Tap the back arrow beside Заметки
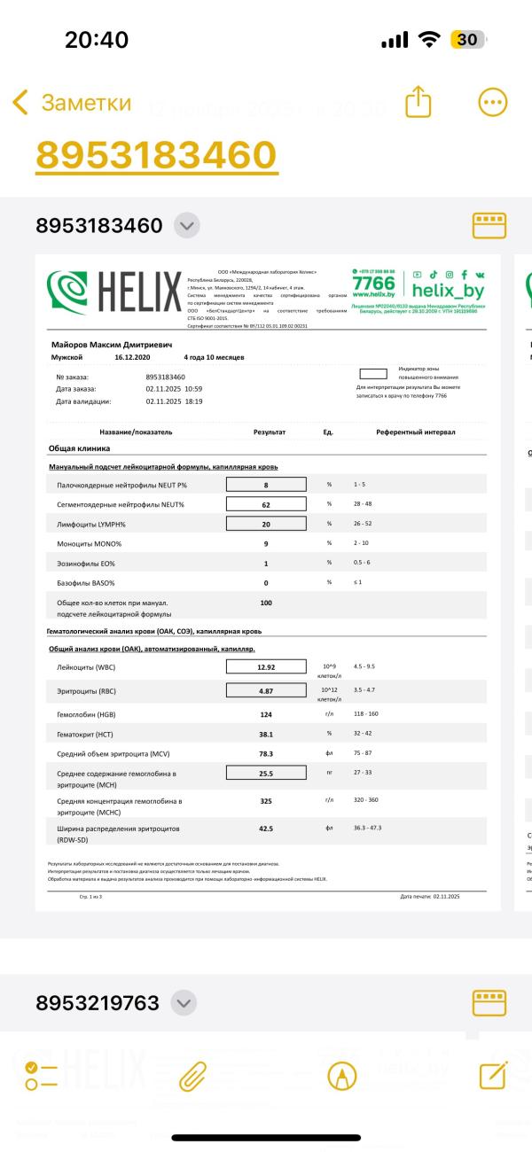tap(20, 103)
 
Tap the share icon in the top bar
tap(418, 102)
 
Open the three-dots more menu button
tap(492, 103)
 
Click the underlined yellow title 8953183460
tap(156, 155)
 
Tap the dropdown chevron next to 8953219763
tap(184, 1003)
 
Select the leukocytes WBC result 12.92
tap(266, 666)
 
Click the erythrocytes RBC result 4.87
tap(266, 690)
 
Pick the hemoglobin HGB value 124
tap(266, 713)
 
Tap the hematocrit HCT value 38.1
tap(266, 734)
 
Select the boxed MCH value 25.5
tap(266, 773)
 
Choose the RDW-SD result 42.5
tap(266, 829)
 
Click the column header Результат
tap(270, 432)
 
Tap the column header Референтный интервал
tap(415, 432)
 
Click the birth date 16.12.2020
tap(135, 357)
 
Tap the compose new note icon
tap(492, 1076)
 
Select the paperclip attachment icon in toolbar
tap(192, 1076)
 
